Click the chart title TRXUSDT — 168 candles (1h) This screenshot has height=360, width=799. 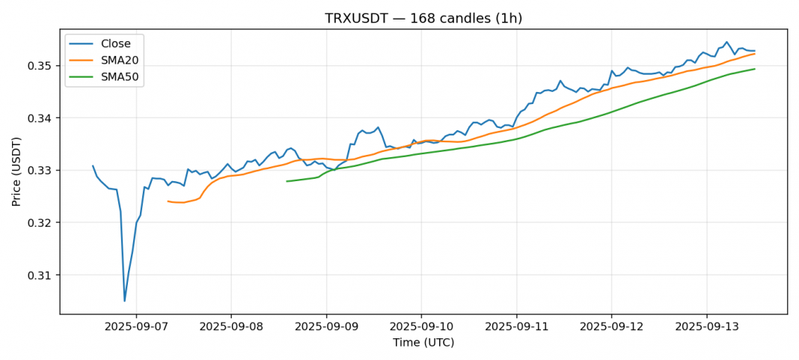click(423, 18)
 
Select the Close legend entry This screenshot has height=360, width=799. click(116, 43)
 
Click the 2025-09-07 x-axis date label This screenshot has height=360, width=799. click(135, 327)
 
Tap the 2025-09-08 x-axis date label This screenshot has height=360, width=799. click(230, 327)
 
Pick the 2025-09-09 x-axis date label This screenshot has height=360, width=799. click(326, 327)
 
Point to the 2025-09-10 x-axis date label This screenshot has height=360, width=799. click(421, 327)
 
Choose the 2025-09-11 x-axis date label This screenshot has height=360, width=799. click(516, 327)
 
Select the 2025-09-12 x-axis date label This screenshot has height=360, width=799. click(611, 327)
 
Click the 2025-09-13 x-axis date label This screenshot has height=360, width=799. click(707, 327)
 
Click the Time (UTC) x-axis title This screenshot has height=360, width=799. click(423, 343)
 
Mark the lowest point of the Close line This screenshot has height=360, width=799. click(124, 301)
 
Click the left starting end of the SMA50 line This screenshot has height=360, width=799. click(287, 181)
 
